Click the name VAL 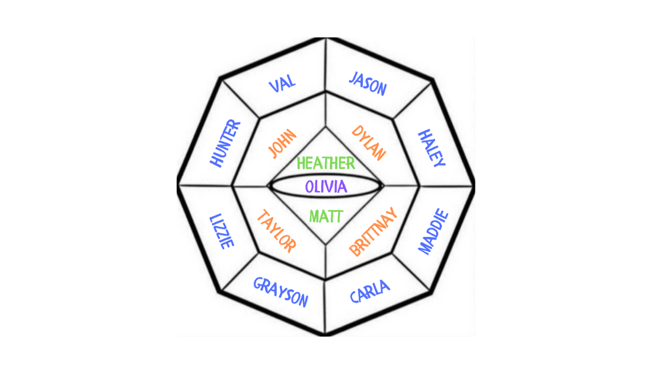pyautogui.click(x=283, y=83)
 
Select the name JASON pyautogui.click(x=368, y=84)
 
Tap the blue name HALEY pyautogui.click(x=432, y=148)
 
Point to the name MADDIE pyautogui.click(x=434, y=232)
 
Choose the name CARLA pyautogui.click(x=370, y=291)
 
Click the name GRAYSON pyautogui.click(x=281, y=292)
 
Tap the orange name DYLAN pyautogui.click(x=369, y=143)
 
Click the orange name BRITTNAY pyautogui.click(x=372, y=232)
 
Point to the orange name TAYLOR pyautogui.click(x=276, y=232)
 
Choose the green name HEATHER pyautogui.click(x=326, y=163)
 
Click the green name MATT pyautogui.click(x=325, y=216)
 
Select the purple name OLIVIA pyautogui.click(x=325, y=186)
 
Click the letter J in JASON pyautogui.click(x=353, y=78)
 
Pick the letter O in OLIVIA pyautogui.click(x=310, y=186)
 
